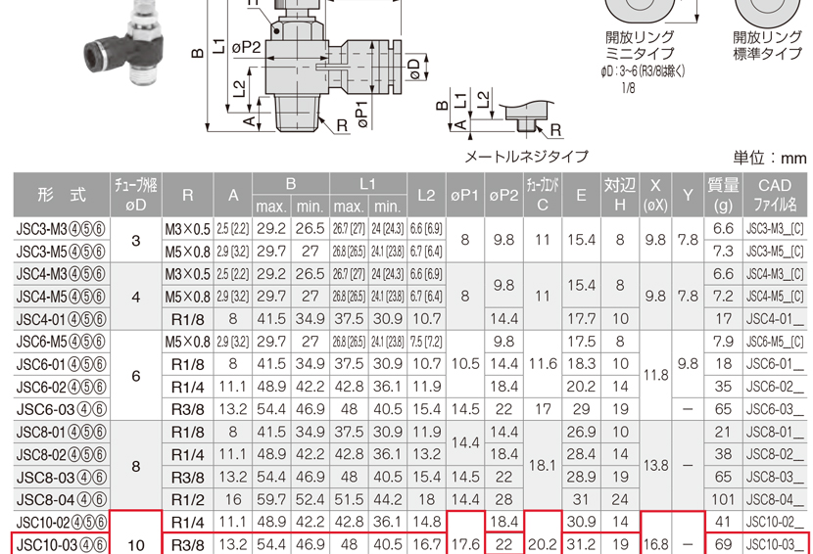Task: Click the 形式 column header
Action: [x=61, y=195]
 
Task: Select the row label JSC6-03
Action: [x=61, y=409]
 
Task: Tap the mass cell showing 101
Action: [x=723, y=499]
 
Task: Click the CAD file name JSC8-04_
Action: [x=775, y=500]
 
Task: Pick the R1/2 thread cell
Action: [x=188, y=500]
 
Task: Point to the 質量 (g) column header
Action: [x=723, y=195]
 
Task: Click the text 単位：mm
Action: [x=770, y=158]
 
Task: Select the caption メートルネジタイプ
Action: [x=526, y=156]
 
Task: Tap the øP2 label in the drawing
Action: [x=246, y=48]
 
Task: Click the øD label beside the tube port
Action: [x=413, y=69]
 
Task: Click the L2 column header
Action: [x=426, y=195]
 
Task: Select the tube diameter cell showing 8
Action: [x=136, y=467]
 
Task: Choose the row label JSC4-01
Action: [x=61, y=319]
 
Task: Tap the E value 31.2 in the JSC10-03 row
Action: [x=581, y=544]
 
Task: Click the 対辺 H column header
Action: [x=620, y=195]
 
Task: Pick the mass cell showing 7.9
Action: [x=723, y=342]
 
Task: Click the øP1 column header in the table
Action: [x=464, y=196]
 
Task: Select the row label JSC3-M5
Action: [x=61, y=252]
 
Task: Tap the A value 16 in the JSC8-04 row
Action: [x=233, y=499]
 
